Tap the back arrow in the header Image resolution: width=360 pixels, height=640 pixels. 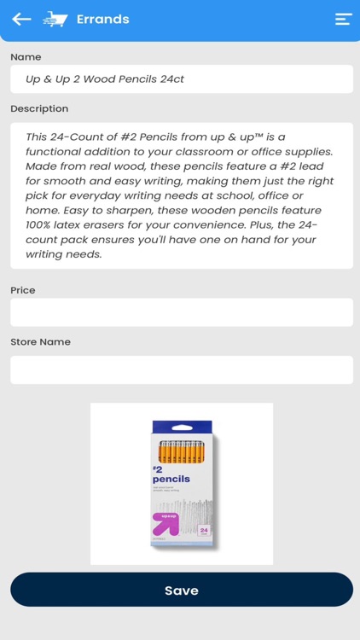[21, 19]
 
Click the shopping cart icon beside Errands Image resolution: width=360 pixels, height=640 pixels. [55, 19]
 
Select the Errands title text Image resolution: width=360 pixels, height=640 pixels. [102, 19]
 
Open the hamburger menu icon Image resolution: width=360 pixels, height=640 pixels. [343, 19]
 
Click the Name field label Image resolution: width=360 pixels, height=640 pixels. [26, 57]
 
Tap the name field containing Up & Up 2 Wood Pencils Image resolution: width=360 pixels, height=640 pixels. [181, 79]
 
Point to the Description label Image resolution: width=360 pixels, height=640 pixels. [39, 108]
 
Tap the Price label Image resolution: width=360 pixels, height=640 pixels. [23, 290]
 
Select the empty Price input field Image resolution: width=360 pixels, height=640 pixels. [181, 312]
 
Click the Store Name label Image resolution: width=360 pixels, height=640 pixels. [40, 341]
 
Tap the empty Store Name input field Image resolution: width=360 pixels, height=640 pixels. [181, 369]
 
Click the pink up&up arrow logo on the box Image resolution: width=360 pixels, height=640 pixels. [165, 523]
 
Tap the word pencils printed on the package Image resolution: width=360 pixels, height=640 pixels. [171, 479]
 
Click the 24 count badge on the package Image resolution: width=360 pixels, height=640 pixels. [204, 530]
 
